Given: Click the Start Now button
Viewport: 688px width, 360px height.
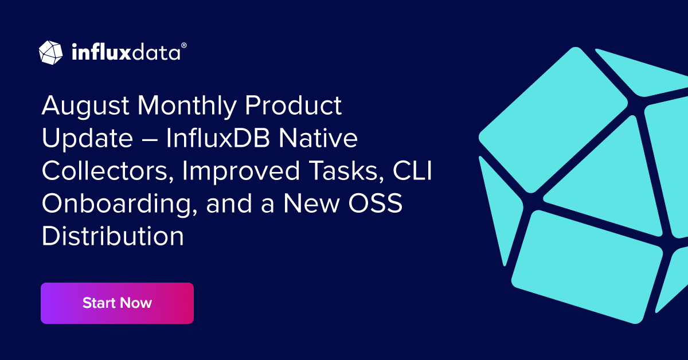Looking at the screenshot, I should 117,303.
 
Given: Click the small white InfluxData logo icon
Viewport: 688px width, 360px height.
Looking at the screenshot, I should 50,52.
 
